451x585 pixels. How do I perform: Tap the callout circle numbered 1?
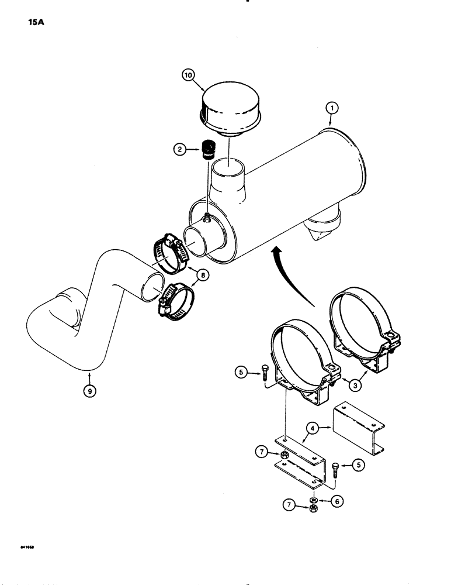[x=331, y=108]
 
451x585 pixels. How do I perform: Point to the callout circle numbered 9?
[x=89, y=393]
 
